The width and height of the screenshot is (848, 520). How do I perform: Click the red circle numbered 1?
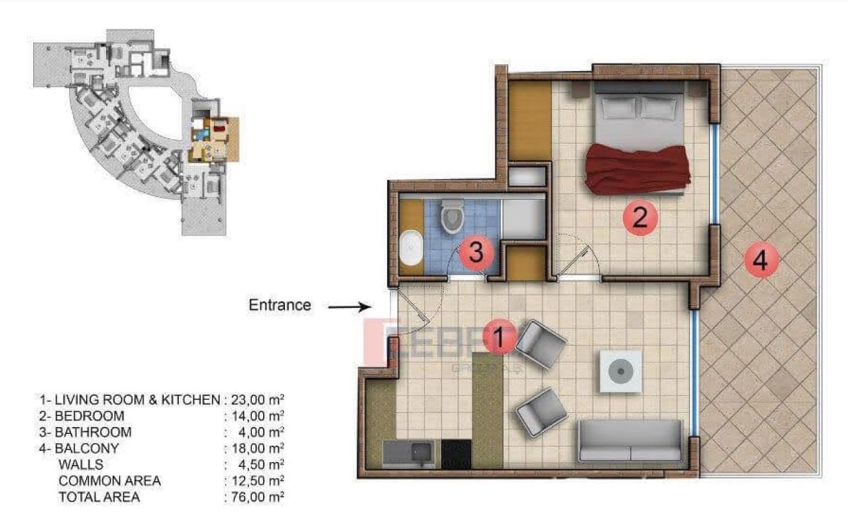(x=500, y=337)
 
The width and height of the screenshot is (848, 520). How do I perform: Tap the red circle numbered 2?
(x=640, y=218)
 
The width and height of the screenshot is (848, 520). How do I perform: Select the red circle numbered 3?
(x=477, y=252)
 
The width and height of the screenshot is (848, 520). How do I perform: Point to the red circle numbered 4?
(x=761, y=261)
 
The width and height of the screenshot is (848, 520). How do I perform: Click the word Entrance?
(x=280, y=305)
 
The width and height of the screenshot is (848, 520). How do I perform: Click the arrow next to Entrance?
(x=349, y=306)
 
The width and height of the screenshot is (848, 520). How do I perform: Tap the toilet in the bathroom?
(x=453, y=216)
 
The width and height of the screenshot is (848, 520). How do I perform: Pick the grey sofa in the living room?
(x=629, y=441)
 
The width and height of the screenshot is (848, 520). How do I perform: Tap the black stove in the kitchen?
(x=456, y=454)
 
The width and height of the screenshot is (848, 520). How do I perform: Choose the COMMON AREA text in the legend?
(x=109, y=481)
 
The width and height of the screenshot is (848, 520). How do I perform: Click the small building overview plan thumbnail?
(x=136, y=131)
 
